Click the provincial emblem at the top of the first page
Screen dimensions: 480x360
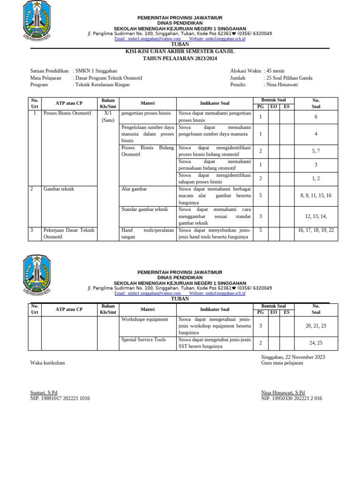click(37, 20)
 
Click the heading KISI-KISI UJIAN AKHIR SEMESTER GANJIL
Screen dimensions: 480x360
click(180, 51)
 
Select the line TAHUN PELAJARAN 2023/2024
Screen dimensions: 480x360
click(180, 58)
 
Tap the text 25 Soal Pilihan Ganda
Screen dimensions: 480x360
click(289, 78)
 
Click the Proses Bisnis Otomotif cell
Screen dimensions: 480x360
click(67, 113)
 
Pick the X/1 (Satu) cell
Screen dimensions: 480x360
click(108, 117)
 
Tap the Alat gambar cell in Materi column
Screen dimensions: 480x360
click(134, 189)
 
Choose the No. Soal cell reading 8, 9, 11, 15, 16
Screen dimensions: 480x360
click(315, 195)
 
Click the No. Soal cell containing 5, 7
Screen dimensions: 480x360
click(315, 151)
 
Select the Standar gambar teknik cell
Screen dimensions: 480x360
click(144, 210)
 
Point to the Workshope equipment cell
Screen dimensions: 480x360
click(144, 319)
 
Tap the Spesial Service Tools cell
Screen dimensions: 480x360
click(143, 340)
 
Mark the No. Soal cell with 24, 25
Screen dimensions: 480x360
click(315, 343)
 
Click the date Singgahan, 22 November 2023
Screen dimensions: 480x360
click(292, 357)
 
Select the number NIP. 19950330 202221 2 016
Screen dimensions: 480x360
click(291, 398)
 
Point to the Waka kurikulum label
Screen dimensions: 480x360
click(47, 363)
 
